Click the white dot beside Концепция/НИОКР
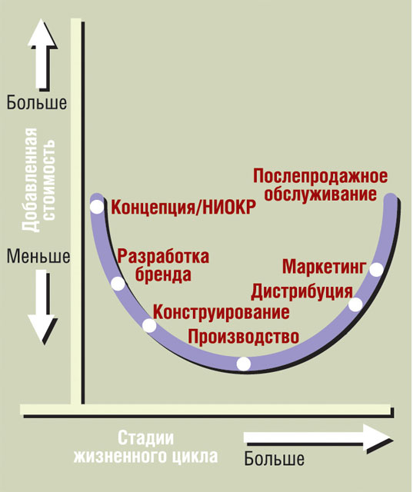pyautogui.click(x=97, y=207)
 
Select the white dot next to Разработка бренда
pyautogui.click(x=118, y=284)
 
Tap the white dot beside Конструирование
pyautogui.click(x=149, y=325)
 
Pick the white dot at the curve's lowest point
pyautogui.click(x=244, y=364)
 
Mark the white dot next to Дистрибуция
pyautogui.click(x=355, y=304)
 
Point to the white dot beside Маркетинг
pyautogui.click(x=376, y=270)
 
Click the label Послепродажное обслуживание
pyautogui.click(x=321, y=185)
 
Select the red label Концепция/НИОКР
pyautogui.click(x=184, y=208)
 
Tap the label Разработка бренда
pyautogui.click(x=163, y=265)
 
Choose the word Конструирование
pyautogui.click(x=221, y=312)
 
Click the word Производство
pyautogui.click(x=244, y=337)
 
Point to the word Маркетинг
pyautogui.click(x=325, y=267)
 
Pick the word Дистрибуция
pyautogui.click(x=302, y=292)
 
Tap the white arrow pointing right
pyautogui.click(x=317, y=437)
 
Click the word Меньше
pyautogui.click(x=38, y=256)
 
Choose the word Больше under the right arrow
pyautogui.click(x=275, y=459)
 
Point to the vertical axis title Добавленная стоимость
pyautogui.click(x=39, y=180)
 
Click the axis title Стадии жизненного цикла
pyautogui.click(x=145, y=447)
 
